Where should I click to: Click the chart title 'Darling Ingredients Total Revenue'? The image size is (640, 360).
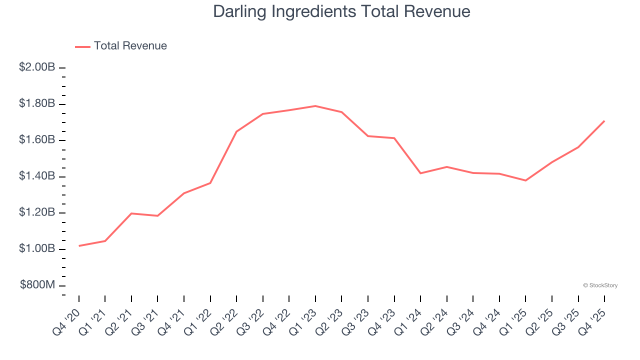tap(341, 11)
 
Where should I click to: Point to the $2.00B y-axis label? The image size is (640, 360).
tap(37, 67)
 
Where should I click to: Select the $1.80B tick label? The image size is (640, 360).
tap(37, 104)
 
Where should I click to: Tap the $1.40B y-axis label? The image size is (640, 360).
tap(37, 176)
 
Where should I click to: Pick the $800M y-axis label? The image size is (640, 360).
tap(37, 285)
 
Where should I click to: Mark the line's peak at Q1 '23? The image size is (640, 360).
tap(315, 106)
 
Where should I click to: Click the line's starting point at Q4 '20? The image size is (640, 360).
tap(79, 246)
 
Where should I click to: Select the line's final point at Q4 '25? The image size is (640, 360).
tap(604, 121)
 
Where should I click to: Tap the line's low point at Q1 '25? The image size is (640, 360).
tap(525, 180)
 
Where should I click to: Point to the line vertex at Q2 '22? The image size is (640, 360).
tap(236, 131)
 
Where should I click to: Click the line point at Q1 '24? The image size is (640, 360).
tap(420, 173)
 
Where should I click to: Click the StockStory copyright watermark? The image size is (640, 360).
tap(600, 285)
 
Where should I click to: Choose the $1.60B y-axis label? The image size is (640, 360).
tap(37, 140)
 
